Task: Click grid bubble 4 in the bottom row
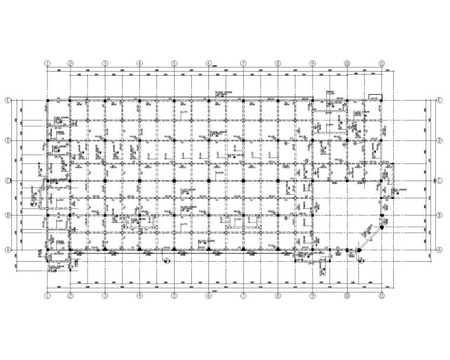click(140, 294)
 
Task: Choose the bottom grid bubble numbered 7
click(243, 294)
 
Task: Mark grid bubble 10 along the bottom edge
click(347, 294)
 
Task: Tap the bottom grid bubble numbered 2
click(70, 294)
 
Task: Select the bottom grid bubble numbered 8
click(278, 294)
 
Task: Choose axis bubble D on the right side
click(439, 140)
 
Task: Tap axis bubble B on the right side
click(439, 216)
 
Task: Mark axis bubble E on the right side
click(439, 100)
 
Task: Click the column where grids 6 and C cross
click(209, 180)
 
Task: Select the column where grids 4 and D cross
click(140, 140)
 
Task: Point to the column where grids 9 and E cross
click(313, 100)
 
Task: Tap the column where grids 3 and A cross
click(105, 250)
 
